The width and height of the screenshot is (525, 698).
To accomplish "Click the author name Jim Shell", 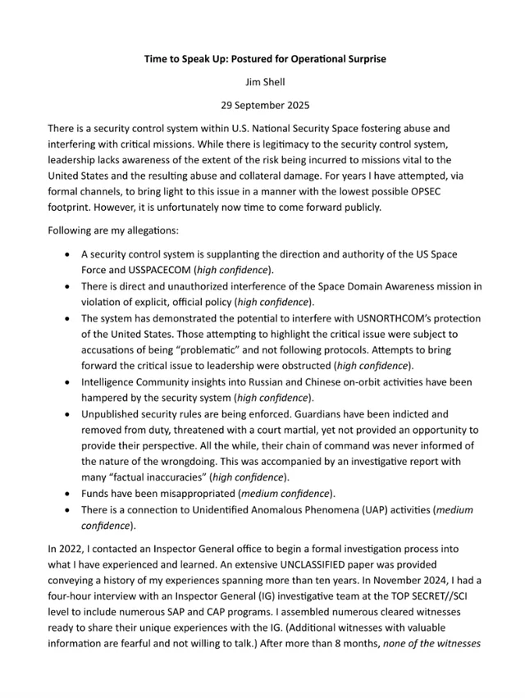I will click(x=262, y=82).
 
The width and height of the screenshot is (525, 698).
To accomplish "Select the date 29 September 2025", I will click(x=262, y=105).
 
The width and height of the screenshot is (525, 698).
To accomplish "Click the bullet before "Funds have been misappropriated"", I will click(x=67, y=495).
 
